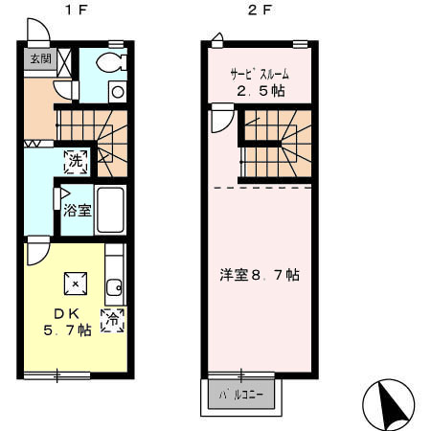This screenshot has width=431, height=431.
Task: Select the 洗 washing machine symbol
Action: [76, 161]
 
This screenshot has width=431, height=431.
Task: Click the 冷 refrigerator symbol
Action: [113, 319]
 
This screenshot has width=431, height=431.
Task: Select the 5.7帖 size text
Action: [67, 331]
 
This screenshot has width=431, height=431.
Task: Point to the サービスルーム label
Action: [258, 74]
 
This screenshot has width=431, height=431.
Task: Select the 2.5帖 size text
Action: [259, 92]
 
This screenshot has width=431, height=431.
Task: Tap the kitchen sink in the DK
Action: [115, 285]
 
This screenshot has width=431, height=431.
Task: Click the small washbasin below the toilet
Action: [116, 92]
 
